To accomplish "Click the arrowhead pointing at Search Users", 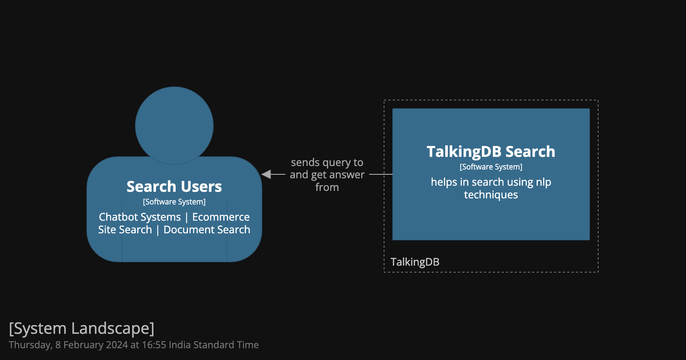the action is [266, 174].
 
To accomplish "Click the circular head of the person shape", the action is [174, 125].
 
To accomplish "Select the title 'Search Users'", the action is [174, 187].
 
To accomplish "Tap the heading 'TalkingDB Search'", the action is [491, 152].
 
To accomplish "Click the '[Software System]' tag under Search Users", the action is [174, 202].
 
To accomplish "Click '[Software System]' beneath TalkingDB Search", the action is [491, 167].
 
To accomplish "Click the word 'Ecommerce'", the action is [221, 217].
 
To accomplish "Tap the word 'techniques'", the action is [491, 195].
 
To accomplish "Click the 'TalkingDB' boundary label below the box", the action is [415, 262].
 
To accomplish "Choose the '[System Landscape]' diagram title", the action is [81, 328].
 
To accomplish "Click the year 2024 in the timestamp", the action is [117, 345].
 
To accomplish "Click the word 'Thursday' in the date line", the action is [30, 345].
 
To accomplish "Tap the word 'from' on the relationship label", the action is [327, 187].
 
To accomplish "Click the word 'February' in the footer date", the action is [83, 345].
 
